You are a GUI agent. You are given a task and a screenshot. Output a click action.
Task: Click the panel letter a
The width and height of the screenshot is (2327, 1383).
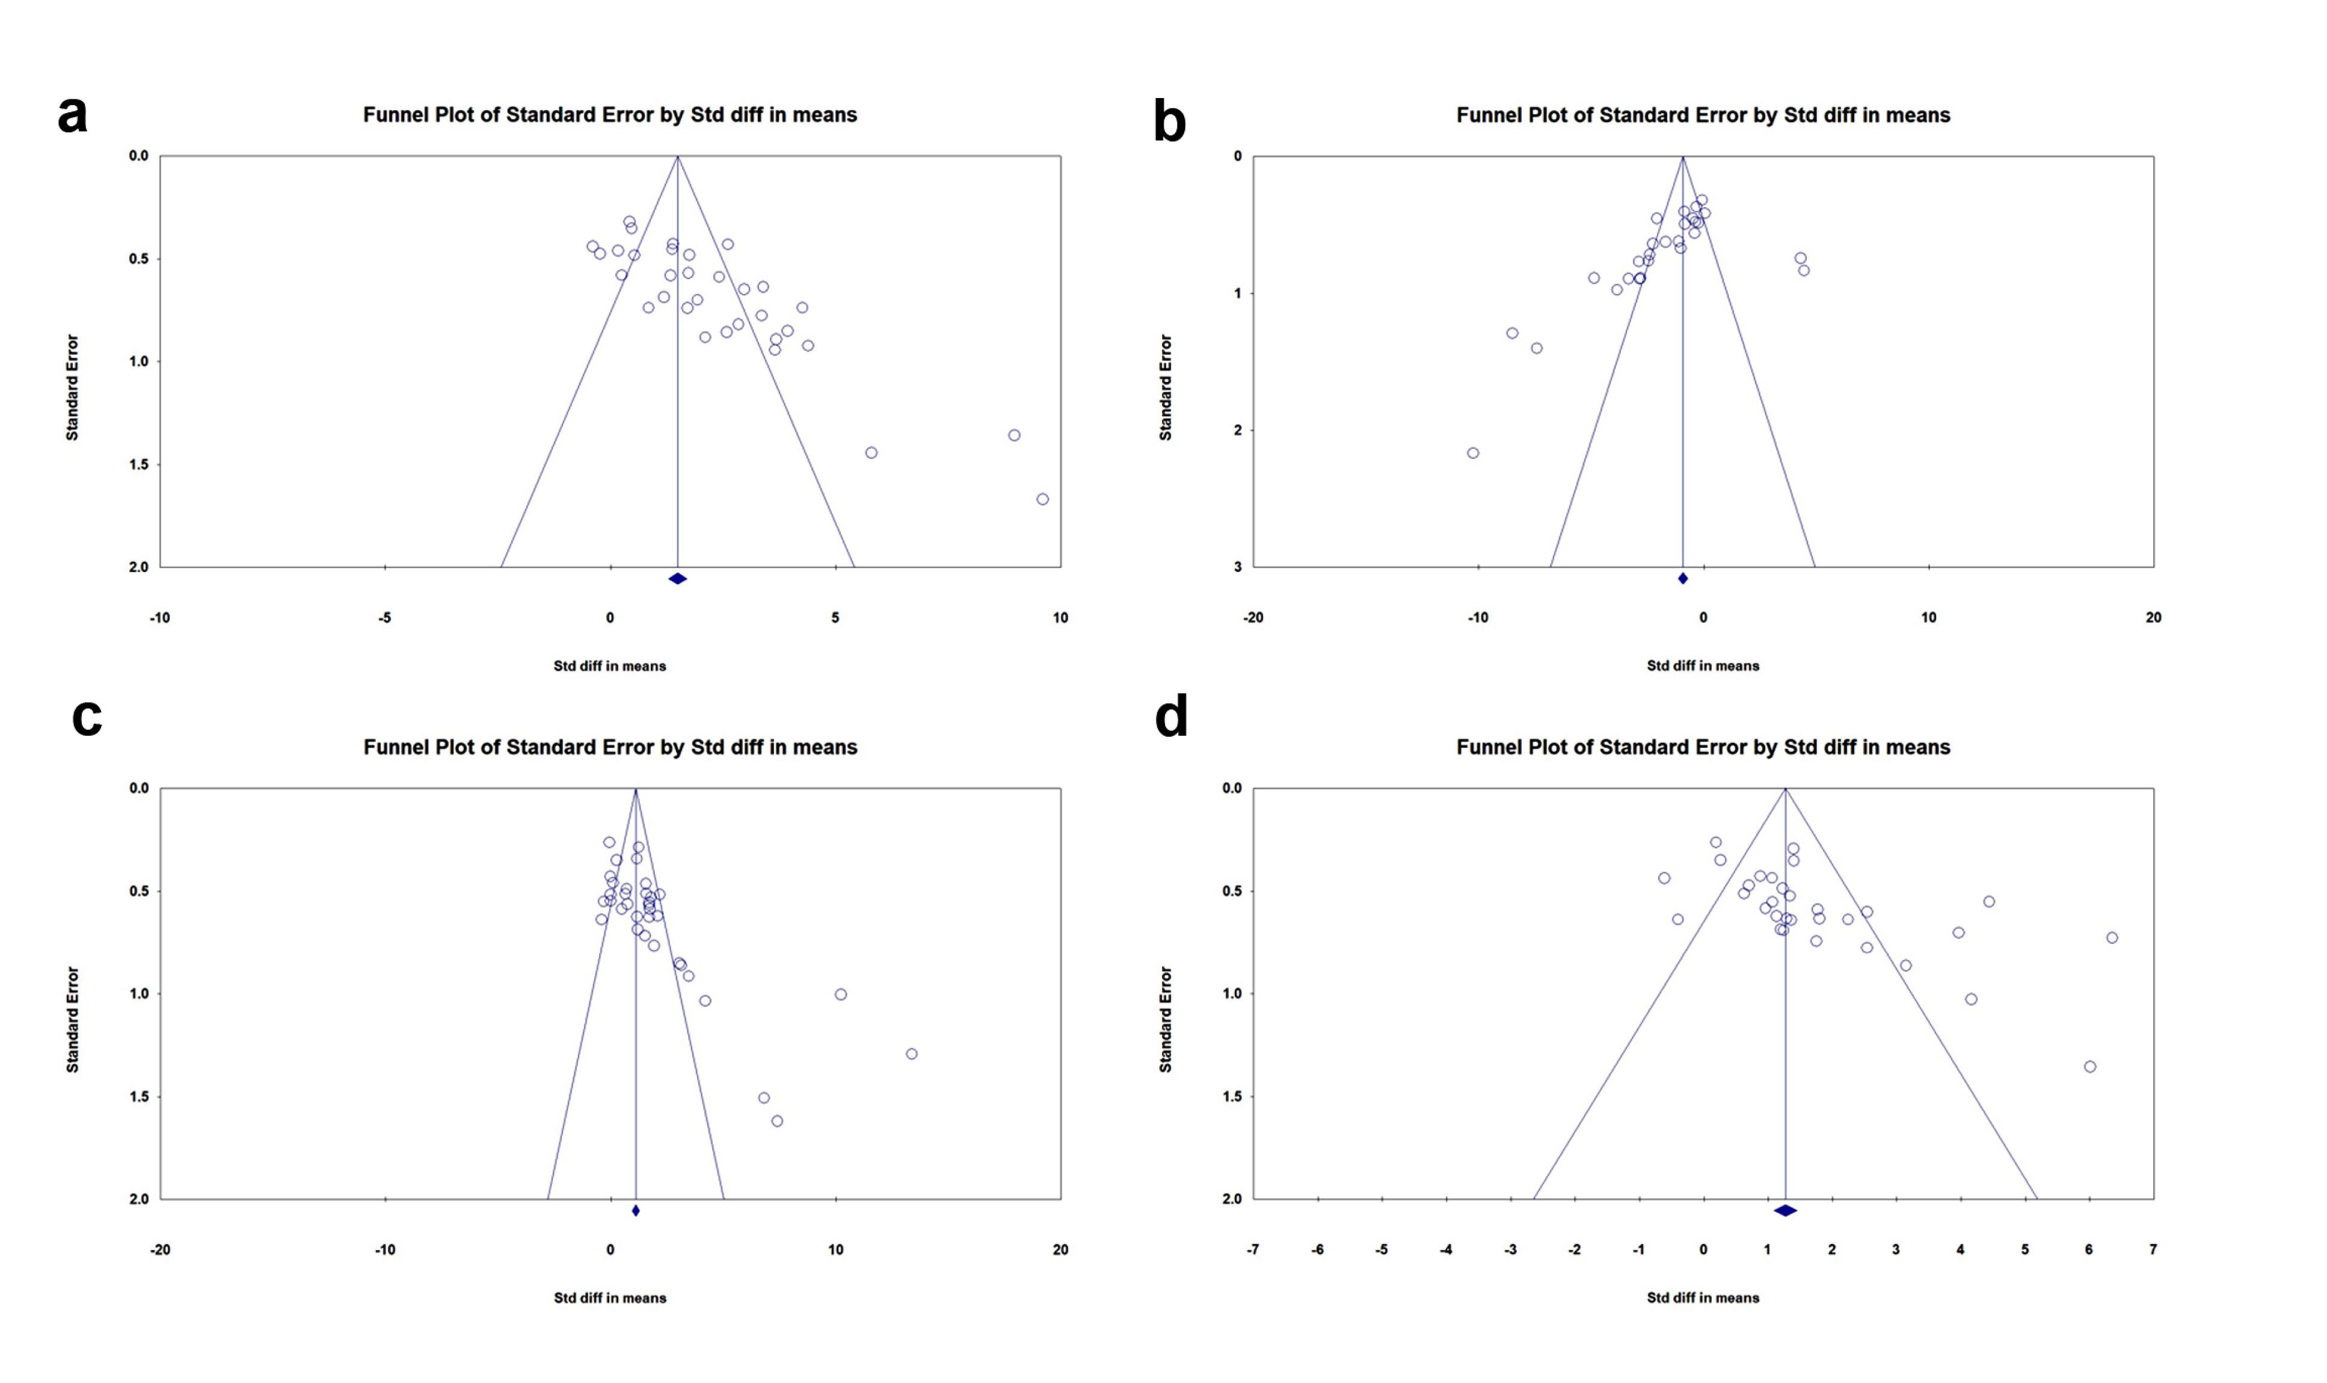pos(73,116)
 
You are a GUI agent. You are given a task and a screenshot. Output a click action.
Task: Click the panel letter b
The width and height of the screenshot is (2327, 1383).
pos(1169,122)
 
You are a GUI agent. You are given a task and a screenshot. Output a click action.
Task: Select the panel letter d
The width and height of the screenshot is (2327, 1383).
pos(1171,716)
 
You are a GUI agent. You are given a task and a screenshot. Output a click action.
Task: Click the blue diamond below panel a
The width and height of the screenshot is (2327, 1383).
pos(677,579)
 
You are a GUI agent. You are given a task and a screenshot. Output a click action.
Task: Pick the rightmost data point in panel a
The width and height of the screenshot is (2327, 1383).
pos(1042,499)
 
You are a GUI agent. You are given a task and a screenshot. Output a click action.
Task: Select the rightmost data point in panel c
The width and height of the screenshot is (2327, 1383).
pos(911,1054)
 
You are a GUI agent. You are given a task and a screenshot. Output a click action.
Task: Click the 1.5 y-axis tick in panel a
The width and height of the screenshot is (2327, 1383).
pos(138,464)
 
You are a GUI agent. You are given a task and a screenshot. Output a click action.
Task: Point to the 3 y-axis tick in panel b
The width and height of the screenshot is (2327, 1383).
pos(1237,567)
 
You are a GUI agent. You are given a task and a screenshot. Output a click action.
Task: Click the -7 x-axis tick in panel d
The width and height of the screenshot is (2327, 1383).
pos(1253,1249)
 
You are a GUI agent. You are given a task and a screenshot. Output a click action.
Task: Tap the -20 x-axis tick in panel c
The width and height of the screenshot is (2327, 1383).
pos(160,1249)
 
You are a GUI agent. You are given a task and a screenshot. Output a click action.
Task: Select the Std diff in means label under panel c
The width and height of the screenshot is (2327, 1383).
pos(609,1297)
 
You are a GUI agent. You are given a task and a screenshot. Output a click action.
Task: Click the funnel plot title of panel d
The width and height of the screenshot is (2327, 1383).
pos(1703,747)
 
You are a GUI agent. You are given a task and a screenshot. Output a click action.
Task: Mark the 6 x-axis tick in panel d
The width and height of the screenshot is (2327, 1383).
pos(2088,1249)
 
